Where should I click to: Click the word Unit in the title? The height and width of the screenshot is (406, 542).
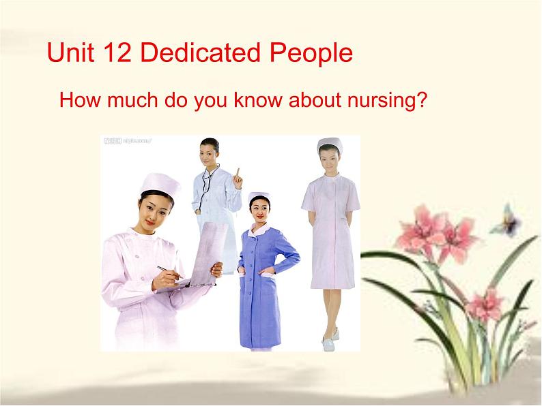(67, 53)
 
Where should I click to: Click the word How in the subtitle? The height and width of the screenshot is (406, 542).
(76, 101)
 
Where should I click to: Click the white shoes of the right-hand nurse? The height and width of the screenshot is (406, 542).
(331, 334)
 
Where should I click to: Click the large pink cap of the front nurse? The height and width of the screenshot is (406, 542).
(160, 183)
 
